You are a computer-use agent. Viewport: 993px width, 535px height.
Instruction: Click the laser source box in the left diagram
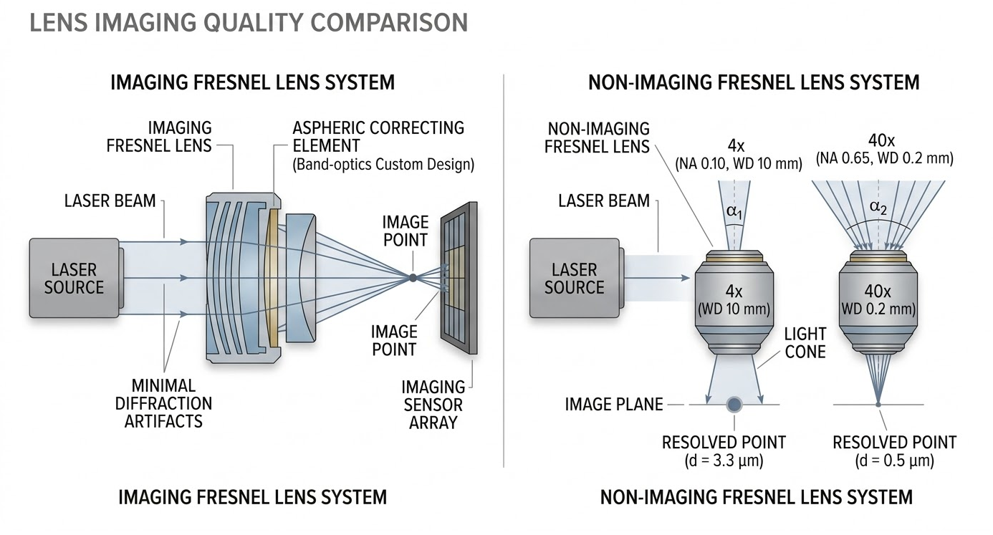[x=74, y=279]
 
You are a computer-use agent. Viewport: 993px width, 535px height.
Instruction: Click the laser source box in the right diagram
[x=574, y=279]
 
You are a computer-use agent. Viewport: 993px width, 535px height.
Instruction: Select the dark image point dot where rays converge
[x=413, y=277]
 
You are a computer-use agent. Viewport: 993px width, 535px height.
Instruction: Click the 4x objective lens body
[x=734, y=301]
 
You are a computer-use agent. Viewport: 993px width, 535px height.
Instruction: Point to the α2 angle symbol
[x=878, y=208]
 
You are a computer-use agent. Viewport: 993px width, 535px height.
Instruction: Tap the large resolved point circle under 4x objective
[x=734, y=405]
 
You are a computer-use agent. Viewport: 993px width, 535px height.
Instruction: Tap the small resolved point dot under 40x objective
[x=878, y=405]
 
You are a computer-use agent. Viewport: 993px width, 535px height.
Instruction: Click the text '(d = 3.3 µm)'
[x=724, y=461]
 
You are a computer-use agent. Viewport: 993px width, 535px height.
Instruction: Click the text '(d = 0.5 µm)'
[x=894, y=461]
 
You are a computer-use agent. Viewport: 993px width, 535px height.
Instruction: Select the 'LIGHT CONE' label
[x=805, y=342]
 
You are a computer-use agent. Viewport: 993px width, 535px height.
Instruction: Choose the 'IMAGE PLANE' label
[x=614, y=405]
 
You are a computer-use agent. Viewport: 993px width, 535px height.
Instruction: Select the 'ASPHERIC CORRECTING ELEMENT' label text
[x=378, y=137]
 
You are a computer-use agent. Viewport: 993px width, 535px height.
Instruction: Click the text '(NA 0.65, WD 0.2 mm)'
[x=885, y=158]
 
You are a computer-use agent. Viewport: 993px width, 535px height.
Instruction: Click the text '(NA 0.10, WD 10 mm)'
[x=739, y=163]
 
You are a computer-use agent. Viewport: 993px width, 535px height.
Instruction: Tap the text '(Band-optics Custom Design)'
[x=383, y=165]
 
